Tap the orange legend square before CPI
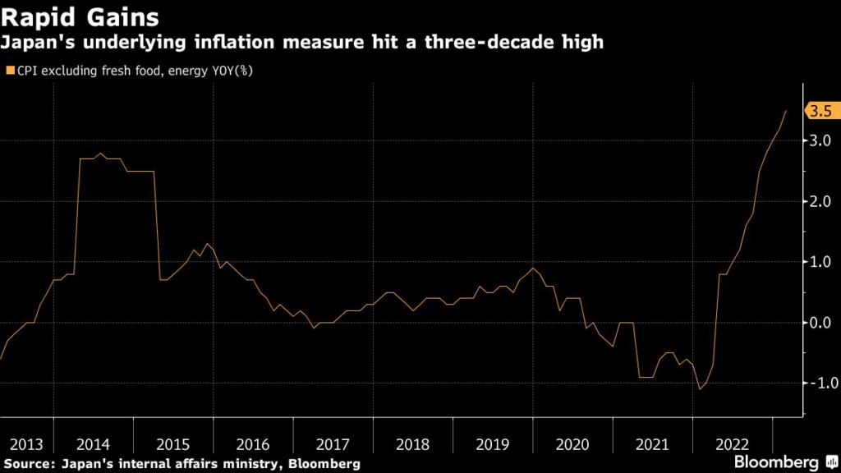(10, 71)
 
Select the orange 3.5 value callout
(821, 111)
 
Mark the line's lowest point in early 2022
(700, 389)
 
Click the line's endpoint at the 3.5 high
(786, 110)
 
